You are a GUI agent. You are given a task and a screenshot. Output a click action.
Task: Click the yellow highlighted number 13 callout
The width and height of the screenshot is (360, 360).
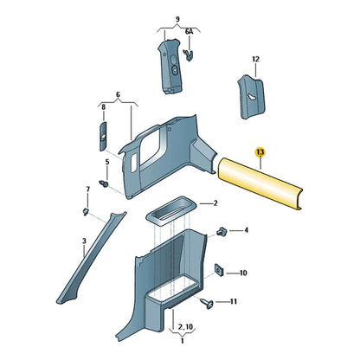coord(260,152)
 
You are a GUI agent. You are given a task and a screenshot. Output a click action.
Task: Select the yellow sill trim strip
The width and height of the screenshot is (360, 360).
coord(260,183)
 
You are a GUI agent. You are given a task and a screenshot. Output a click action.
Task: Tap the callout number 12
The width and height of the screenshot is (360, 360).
coord(255,60)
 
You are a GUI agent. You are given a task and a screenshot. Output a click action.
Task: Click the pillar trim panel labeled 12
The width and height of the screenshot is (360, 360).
coord(251,96)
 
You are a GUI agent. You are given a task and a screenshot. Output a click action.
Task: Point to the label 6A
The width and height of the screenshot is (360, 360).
coord(189,32)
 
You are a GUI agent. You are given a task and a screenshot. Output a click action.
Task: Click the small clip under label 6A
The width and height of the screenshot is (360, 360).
coord(189,55)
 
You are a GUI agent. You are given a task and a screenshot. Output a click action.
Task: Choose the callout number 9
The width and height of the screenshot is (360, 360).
coord(177,20)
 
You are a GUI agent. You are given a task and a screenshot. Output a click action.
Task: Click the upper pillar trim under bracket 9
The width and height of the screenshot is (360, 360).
coord(170,67)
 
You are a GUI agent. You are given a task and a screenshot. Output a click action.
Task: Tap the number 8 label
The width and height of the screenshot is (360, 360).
coord(104,107)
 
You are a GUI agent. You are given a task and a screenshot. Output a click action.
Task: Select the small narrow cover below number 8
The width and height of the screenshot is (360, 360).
coord(103,136)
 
